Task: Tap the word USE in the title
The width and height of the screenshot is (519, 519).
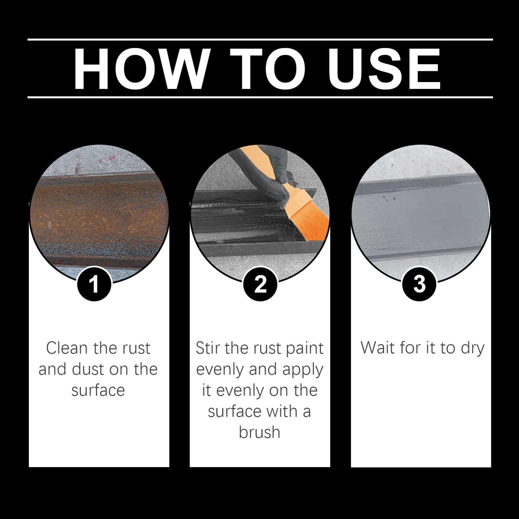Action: tap(384, 69)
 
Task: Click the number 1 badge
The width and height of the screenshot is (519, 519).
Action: tap(94, 284)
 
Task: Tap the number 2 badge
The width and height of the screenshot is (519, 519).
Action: tap(260, 284)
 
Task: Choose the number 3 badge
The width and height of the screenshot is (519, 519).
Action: tap(419, 284)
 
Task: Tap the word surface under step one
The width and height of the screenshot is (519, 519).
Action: tap(98, 390)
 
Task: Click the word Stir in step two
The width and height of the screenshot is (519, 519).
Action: tap(207, 348)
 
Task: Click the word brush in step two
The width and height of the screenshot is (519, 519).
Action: tap(259, 432)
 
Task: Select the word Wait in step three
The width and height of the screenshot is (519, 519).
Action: tap(378, 348)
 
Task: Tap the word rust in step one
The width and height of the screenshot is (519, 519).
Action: tap(136, 348)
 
